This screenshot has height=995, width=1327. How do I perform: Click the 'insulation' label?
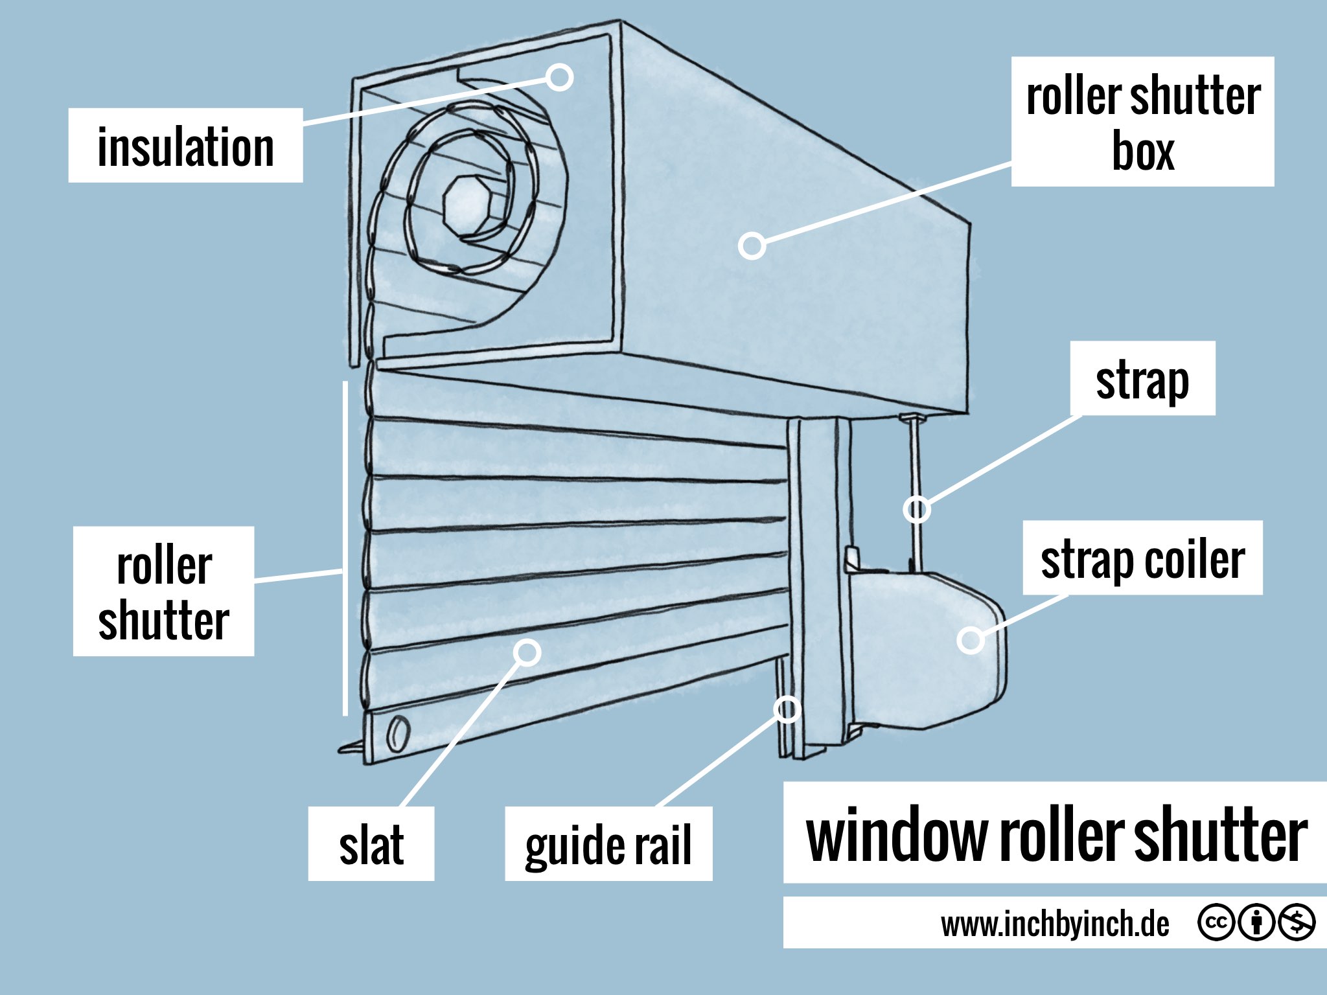[185, 146]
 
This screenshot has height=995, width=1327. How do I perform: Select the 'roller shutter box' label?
[1142, 122]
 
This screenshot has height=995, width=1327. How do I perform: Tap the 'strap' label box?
[1142, 379]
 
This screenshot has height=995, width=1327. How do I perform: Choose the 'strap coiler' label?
[1142, 558]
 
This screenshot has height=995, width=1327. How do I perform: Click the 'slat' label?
[371, 843]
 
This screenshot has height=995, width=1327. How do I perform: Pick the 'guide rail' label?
[608, 843]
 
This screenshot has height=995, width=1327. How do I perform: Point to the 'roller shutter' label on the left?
[163, 591]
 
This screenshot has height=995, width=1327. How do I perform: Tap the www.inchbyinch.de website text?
[1055, 924]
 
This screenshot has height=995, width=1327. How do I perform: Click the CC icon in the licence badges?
[1216, 922]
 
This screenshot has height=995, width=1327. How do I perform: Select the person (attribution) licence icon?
[1257, 922]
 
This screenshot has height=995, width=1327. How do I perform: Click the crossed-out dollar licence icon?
[1297, 922]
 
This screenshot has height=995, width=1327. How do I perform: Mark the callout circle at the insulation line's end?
[559, 78]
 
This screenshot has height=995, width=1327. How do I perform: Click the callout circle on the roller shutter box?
[752, 246]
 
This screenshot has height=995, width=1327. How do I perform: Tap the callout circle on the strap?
[917, 509]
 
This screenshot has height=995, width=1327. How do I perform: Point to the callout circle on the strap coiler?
[971, 640]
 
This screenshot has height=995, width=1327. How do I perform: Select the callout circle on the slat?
[527, 652]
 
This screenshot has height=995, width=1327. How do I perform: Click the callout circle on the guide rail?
[787, 709]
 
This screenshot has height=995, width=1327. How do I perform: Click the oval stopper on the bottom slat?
[397, 734]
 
